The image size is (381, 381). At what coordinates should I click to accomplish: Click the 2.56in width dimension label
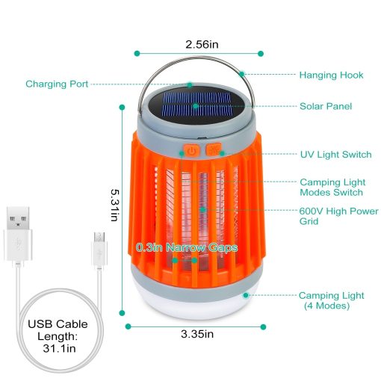click(202, 45)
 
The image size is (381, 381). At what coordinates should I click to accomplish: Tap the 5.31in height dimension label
click(115, 205)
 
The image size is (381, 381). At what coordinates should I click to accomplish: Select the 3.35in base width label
click(197, 334)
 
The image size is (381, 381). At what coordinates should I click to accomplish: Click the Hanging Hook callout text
click(331, 75)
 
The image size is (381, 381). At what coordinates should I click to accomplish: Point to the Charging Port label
click(57, 84)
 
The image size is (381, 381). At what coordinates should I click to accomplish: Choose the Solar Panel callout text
click(326, 106)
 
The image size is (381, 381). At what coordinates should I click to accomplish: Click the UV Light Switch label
click(335, 155)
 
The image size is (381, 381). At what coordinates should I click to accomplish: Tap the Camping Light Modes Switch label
click(332, 188)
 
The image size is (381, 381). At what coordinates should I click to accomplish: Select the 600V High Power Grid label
click(338, 216)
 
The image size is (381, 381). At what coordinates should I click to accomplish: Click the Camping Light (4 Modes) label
click(331, 300)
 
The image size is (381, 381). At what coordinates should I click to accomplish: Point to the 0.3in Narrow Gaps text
click(187, 247)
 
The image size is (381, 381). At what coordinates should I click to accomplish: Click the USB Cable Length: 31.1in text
click(58, 336)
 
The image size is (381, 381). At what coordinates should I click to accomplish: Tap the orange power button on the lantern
click(191, 150)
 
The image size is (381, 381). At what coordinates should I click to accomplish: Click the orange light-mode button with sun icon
click(214, 149)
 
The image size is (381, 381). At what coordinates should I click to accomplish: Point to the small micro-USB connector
click(99, 249)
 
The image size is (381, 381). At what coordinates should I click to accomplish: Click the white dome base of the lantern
click(196, 305)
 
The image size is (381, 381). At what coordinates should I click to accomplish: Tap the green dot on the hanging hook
click(241, 74)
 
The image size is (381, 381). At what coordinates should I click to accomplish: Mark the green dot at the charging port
click(190, 85)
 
